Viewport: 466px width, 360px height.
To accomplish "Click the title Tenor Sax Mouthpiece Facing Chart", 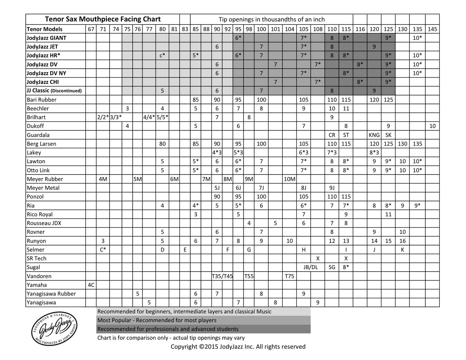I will (x=103, y=19).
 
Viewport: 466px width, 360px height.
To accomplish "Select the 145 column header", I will (x=432, y=29).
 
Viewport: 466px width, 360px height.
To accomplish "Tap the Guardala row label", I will (x=38, y=135).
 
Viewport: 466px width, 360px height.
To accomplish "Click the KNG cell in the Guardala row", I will (x=374, y=135).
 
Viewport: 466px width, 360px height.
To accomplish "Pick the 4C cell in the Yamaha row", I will (x=91, y=285).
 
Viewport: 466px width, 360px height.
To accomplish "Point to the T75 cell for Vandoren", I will (x=290, y=276).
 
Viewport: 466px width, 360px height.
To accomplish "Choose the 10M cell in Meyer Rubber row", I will (x=290, y=179).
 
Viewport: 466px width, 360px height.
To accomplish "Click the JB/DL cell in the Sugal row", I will (x=311, y=267).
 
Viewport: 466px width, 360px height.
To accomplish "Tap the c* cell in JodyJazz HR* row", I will (x=163, y=55).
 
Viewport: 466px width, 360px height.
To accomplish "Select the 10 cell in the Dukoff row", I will (x=432, y=126).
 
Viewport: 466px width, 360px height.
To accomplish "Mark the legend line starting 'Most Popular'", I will (x=157, y=320).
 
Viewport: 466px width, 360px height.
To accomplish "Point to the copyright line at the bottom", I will (x=238, y=347).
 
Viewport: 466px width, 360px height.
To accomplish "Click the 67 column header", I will (x=91, y=29).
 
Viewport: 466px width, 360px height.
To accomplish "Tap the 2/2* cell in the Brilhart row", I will (x=103, y=117).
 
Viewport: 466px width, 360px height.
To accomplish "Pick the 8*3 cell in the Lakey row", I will (x=374, y=153).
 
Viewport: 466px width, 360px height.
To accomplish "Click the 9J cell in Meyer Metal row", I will (x=332, y=188).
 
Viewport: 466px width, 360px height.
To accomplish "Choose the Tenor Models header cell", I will (x=45, y=29).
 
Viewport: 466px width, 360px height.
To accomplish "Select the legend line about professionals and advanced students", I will (x=168, y=329).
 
